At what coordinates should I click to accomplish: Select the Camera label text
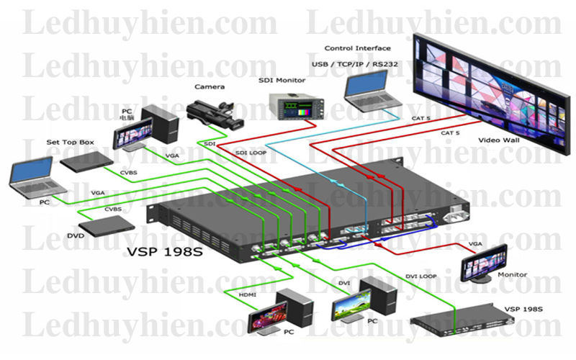(209, 86)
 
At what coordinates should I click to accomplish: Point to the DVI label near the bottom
(344, 284)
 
